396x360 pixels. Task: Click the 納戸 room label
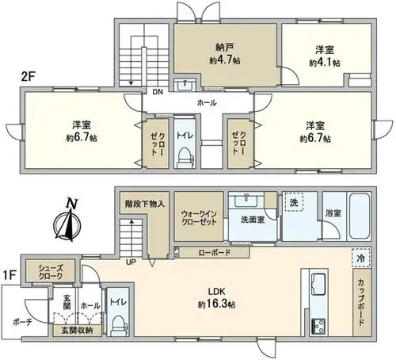point(224,48)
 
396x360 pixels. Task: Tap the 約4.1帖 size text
point(325,63)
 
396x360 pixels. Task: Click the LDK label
point(216,292)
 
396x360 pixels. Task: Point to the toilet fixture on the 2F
point(185,157)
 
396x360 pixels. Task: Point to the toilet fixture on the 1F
point(117,324)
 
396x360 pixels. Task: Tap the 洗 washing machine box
point(294,202)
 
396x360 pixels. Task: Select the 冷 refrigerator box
point(361,258)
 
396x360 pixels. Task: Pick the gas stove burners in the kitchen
point(319,327)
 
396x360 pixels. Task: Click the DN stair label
point(158,92)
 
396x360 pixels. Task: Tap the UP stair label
point(131,262)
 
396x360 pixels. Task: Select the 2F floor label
point(29,77)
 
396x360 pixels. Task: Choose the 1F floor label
point(10,275)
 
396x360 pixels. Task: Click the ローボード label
point(215,253)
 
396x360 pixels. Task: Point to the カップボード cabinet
point(362,302)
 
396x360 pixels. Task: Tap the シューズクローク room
point(50,271)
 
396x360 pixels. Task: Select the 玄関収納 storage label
point(77,330)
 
